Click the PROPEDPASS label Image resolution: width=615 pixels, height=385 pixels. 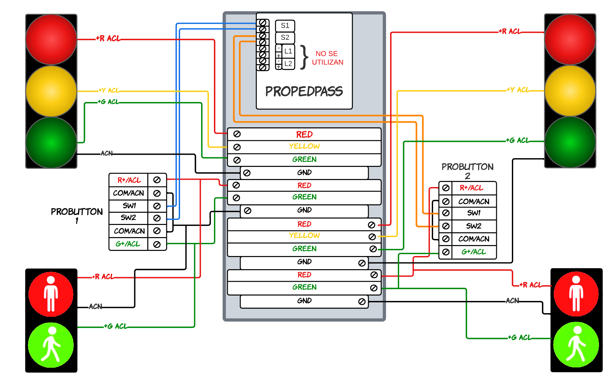pos(304,91)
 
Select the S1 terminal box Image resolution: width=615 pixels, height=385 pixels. pos(285,26)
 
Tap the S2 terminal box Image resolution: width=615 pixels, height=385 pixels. pos(285,38)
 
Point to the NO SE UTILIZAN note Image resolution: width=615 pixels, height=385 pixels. pos(327,58)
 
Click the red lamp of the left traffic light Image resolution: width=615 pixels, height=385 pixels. pos(51,39)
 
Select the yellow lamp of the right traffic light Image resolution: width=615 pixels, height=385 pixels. pos(570,91)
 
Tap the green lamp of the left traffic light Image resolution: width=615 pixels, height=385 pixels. pos(51,142)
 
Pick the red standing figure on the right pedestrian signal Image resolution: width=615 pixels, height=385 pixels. pos(576,294)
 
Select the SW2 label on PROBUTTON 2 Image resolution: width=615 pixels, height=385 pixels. pos(474,226)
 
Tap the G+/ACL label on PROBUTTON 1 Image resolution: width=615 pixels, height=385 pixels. pos(128,244)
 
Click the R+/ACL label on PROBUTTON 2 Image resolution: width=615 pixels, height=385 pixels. pos(471,188)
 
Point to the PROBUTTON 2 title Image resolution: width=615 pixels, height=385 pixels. pos(467,171)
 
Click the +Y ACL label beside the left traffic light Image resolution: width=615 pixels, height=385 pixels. pos(109,90)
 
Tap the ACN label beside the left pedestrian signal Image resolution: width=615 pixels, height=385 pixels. pos(95,306)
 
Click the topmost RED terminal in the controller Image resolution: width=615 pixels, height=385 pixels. pos(304,134)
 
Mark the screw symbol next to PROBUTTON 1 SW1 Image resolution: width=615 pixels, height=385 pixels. pos(157,206)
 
